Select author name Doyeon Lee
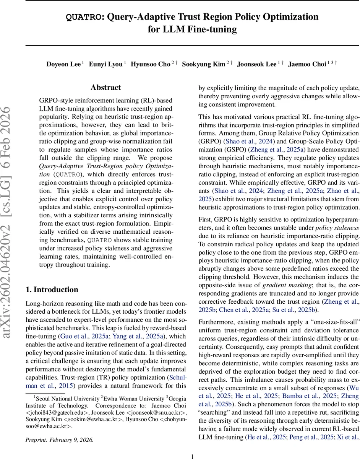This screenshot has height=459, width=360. pos(63,64)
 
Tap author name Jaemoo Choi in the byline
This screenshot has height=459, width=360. pos(307,64)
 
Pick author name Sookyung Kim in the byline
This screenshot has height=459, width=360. pos(203,64)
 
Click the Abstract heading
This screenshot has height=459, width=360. pos(105,88)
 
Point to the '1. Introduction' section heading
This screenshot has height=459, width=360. pos(52,289)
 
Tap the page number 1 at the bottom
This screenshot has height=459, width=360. pos(192,456)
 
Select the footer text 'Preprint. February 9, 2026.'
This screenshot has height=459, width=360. pos(59,439)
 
